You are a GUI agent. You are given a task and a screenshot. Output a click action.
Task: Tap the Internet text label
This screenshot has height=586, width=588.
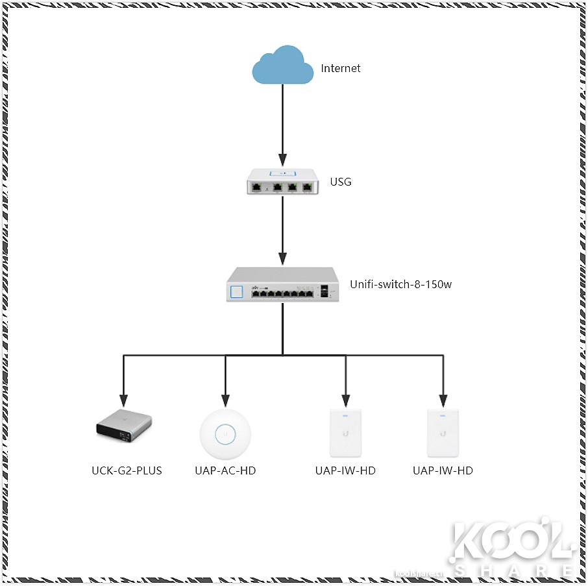coord(340,68)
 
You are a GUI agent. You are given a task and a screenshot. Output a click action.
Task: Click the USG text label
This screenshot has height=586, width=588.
coord(341,182)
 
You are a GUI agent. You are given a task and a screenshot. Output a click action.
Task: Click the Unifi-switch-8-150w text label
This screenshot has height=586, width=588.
coord(400,284)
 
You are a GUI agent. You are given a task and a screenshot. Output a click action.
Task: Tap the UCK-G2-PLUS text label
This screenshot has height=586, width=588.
coord(127,470)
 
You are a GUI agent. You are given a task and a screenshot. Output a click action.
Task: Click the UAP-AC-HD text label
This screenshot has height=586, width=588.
coord(225,470)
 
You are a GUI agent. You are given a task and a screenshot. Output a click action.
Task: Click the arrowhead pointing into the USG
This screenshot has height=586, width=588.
coord(283,160)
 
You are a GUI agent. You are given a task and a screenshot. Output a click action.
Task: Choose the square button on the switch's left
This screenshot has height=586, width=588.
coord(236,291)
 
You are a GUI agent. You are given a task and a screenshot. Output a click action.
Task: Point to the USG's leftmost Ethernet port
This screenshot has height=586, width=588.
coord(257,188)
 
